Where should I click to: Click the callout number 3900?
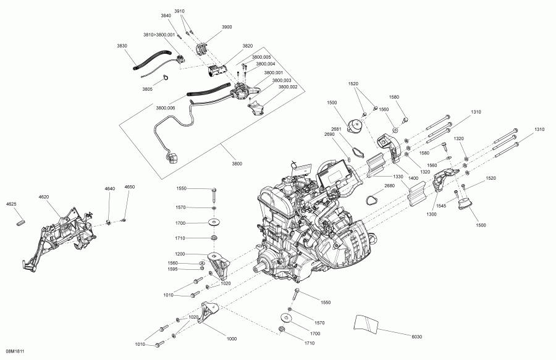point(227,27)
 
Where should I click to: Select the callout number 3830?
point(122,46)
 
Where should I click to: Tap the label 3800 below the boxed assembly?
point(237,163)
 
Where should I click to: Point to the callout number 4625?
point(11,203)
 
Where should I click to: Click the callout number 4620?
point(43,197)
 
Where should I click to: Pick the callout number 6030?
point(418,336)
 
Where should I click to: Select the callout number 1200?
point(179,254)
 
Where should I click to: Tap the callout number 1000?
point(232,339)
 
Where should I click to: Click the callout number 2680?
point(389,185)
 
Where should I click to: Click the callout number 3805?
point(147,89)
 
